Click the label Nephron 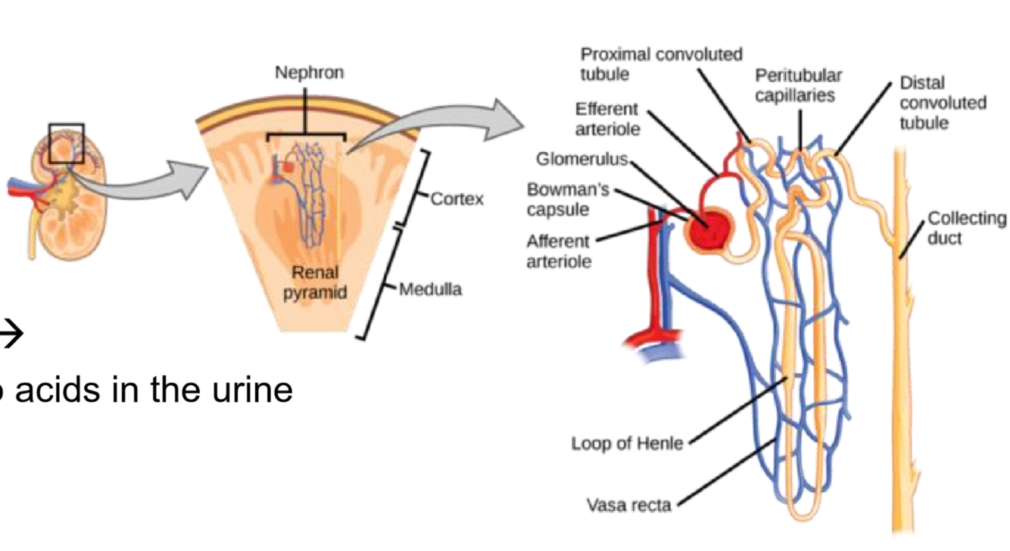click(x=309, y=73)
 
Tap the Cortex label click(x=457, y=200)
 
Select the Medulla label click(x=430, y=289)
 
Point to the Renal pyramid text click(x=315, y=282)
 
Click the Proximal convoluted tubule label click(x=661, y=64)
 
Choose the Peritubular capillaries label click(x=798, y=86)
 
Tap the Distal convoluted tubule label click(x=943, y=102)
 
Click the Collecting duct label click(x=967, y=228)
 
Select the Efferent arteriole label click(x=607, y=119)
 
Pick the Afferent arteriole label click(x=559, y=251)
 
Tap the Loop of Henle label click(x=626, y=444)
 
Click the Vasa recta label click(x=628, y=504)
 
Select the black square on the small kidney click(x=67, y=143)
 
